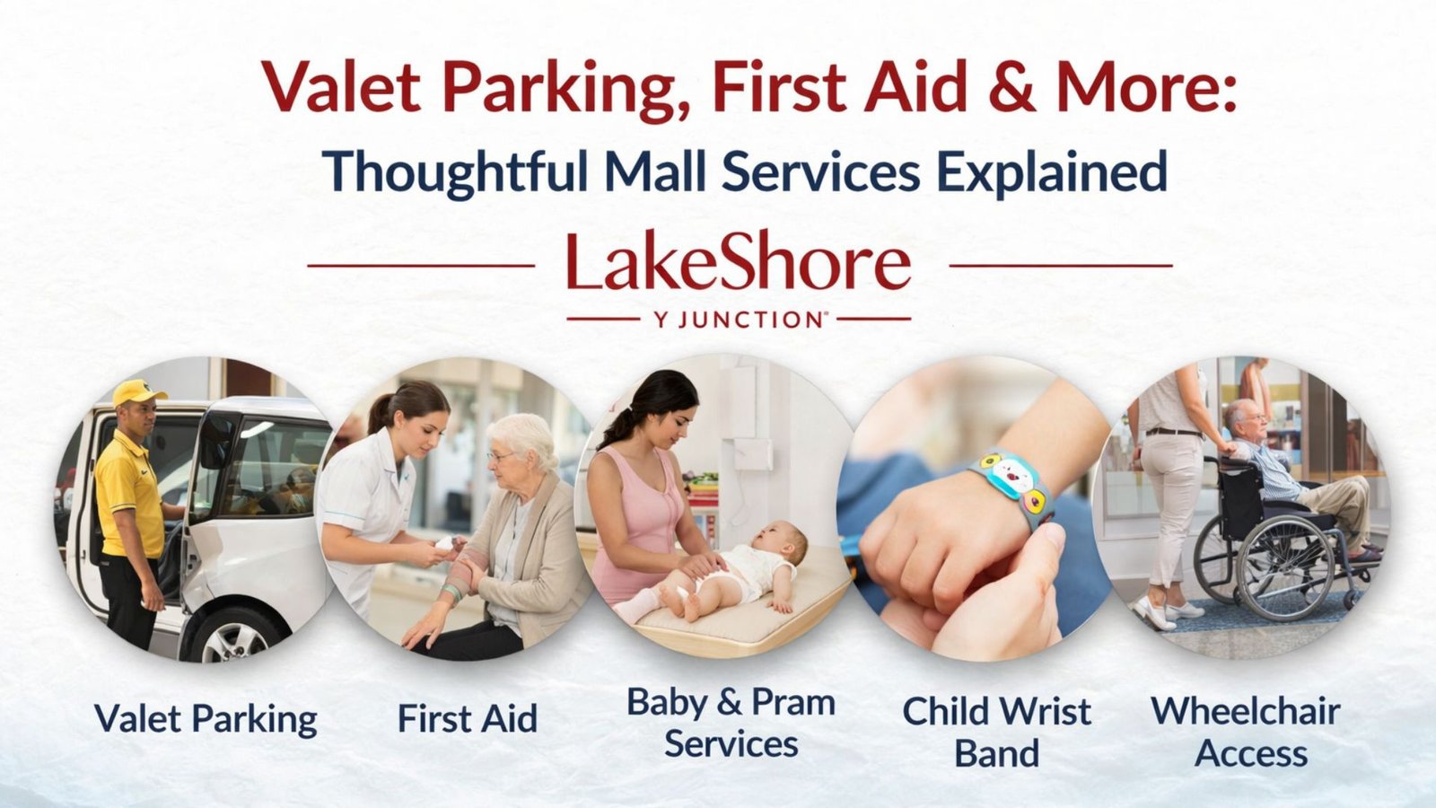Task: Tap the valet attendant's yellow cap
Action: coord(139,392)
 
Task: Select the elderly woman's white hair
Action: coord(525,437)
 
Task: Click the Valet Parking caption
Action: coord(206,719)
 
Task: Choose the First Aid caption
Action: coord(467,719)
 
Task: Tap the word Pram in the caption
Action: coord(792,702)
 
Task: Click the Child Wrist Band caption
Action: coord(996,732)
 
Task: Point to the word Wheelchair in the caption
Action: coord(1245,711)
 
